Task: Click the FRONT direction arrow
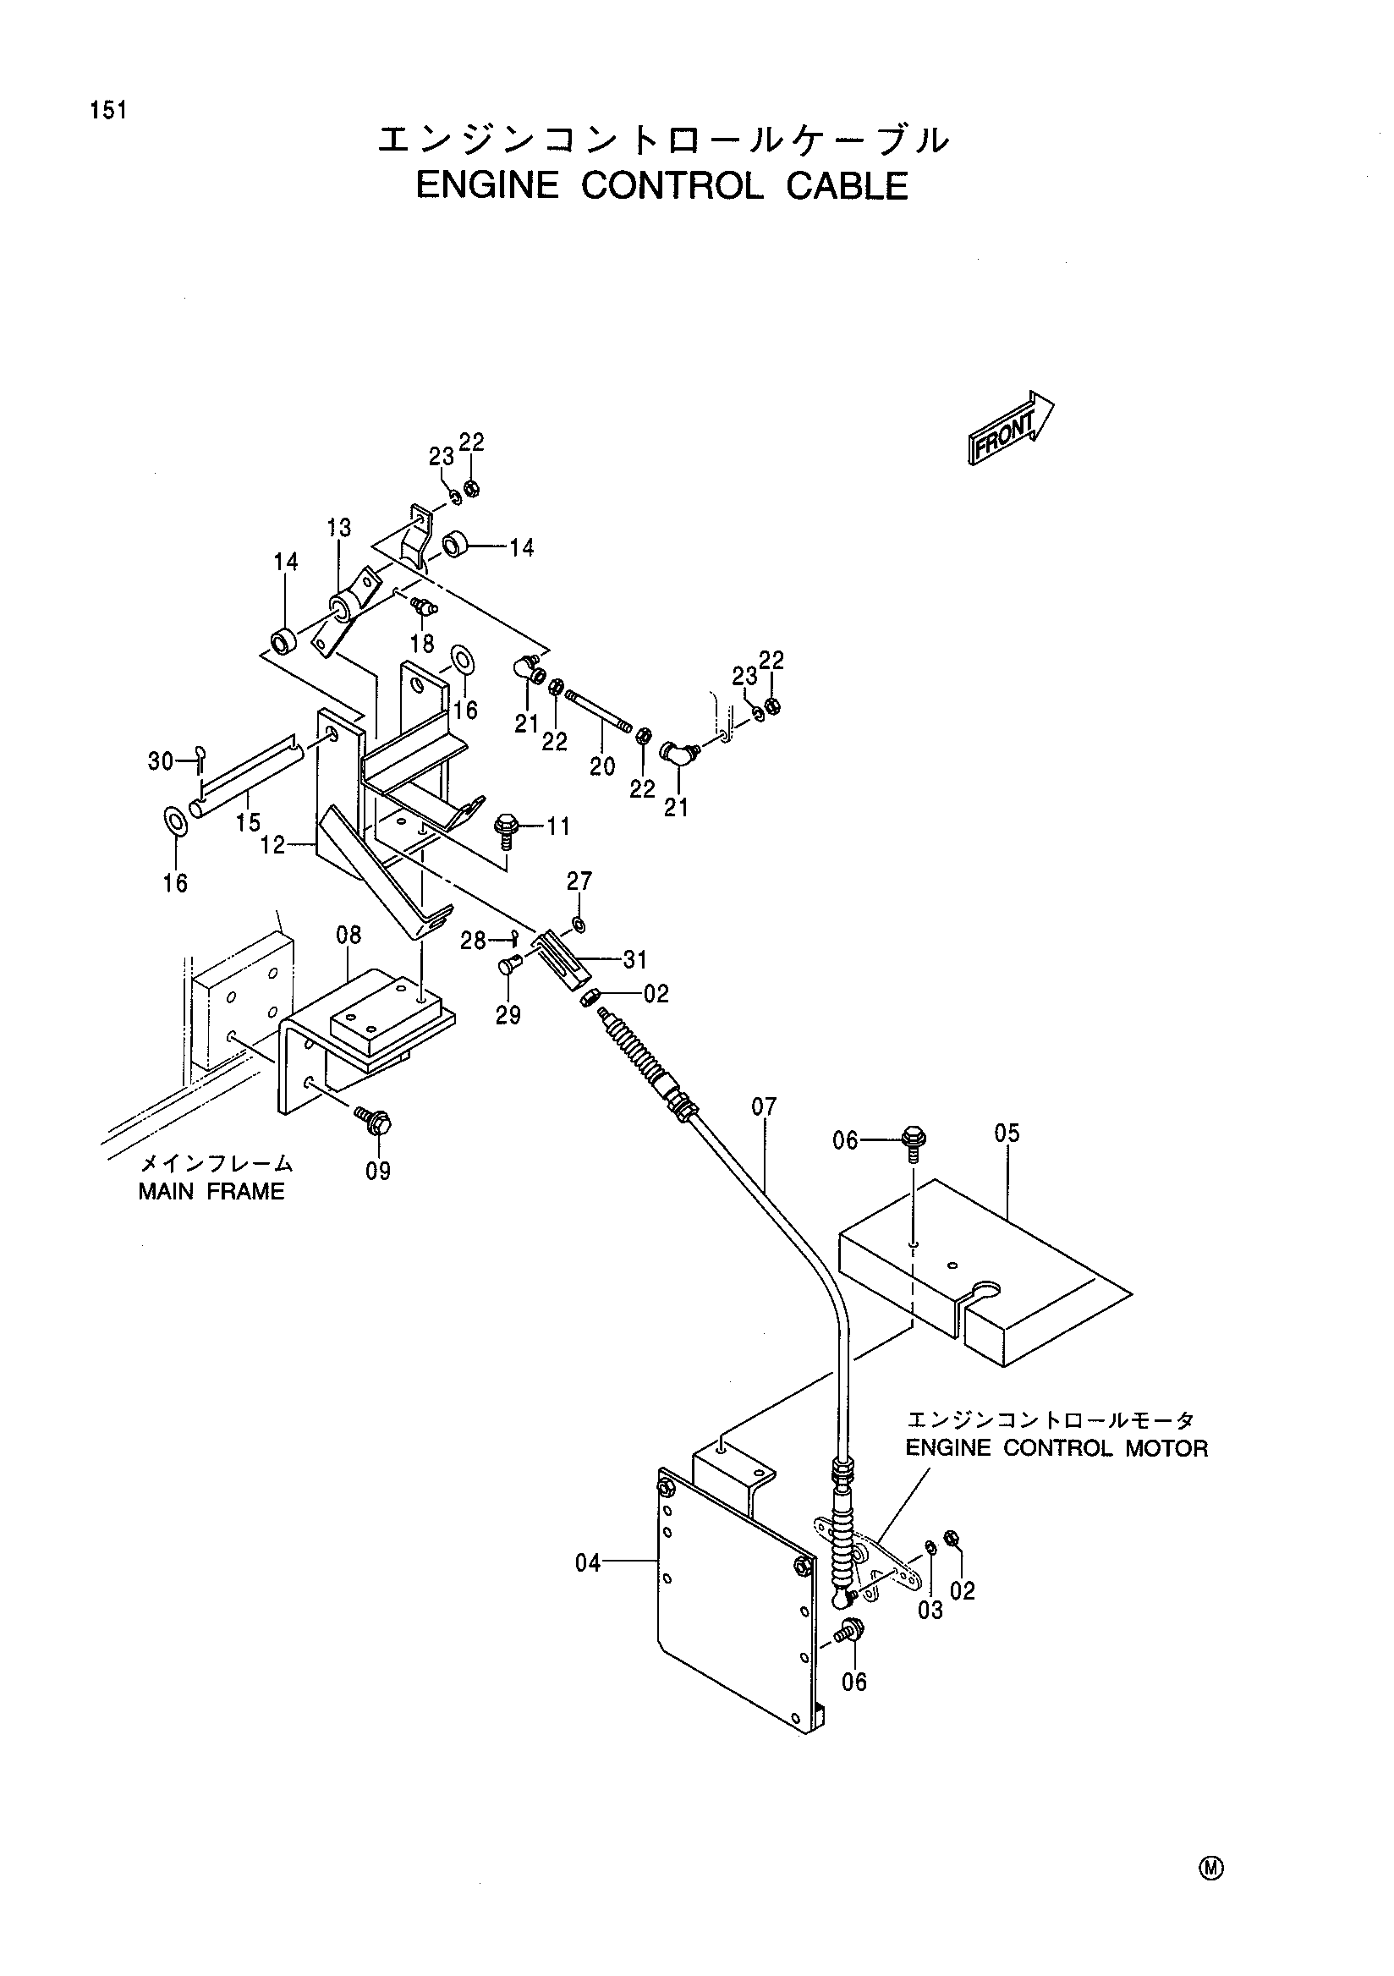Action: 1011,428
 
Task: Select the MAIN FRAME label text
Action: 211,1191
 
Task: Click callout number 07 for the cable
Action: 763,1106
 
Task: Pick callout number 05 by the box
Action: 1007,1133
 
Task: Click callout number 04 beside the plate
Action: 589,1563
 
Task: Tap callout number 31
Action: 635,958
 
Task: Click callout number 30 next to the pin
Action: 161,760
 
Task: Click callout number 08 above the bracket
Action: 348,935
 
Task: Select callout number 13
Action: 339,528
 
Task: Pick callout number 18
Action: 421,643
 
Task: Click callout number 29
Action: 508,1016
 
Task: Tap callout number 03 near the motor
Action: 930,1610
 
